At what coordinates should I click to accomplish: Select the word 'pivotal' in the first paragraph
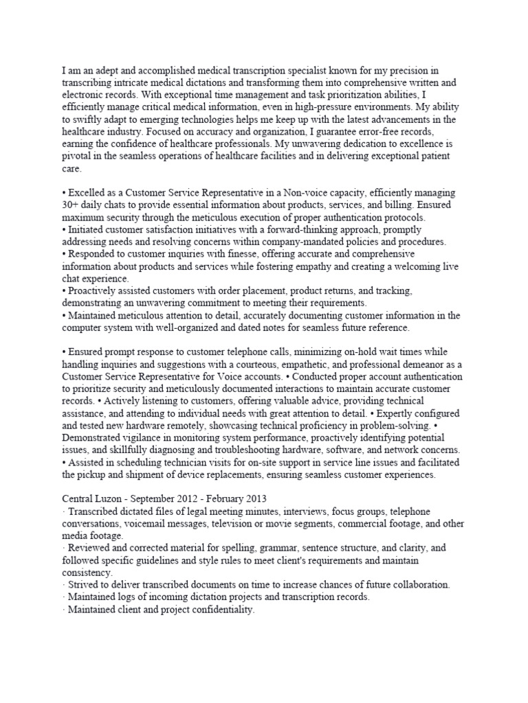[77, 157]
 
